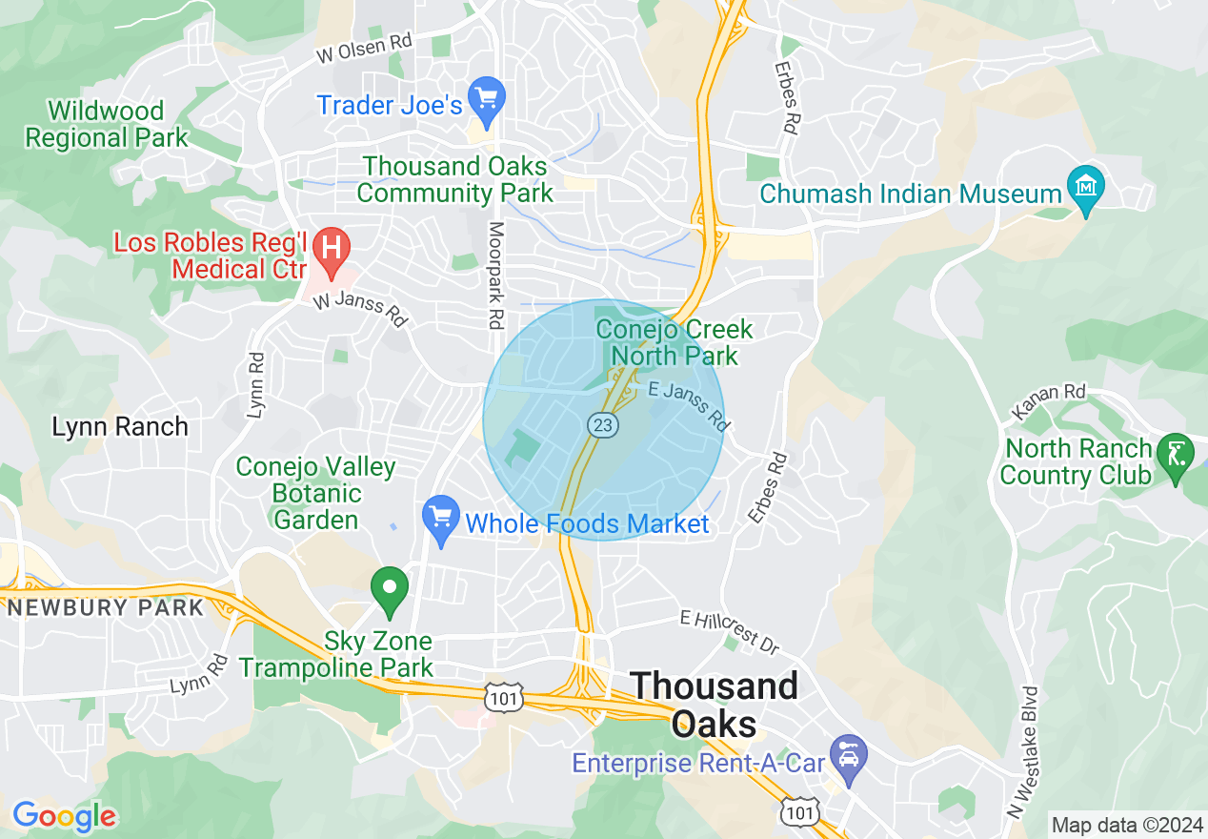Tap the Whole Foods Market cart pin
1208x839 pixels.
click(441, 519)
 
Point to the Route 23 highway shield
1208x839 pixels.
click(603, 425)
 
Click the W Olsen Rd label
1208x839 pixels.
click(365, 50)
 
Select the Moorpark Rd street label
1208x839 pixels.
click(495, 276)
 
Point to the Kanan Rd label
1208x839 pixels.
click(1049, 402)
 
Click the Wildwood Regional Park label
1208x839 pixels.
click(107, 124)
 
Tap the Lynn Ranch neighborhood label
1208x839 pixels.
click(120, 426)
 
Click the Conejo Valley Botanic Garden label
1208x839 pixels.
click(315, 493)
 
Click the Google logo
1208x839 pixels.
click(64, 816)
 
